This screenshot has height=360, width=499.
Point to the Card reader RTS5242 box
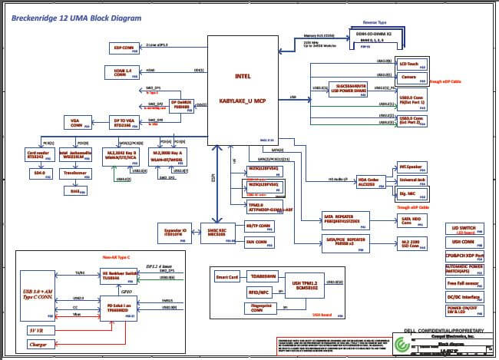pos(38,154)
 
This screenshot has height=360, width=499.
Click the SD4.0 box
pos(38,173)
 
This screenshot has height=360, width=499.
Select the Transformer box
pos(74,173)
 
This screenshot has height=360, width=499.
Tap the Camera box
pos(410,77)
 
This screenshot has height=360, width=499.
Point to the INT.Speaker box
pos(412,166)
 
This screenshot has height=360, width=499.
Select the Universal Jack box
pos(412,180)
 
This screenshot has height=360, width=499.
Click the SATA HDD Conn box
pos(413,220)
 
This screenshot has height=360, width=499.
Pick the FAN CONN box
pos(260,242)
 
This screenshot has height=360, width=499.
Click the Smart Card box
pos(228,276)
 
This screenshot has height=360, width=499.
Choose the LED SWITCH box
pos(464,229)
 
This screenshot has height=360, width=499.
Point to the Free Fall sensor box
pos(464,283)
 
